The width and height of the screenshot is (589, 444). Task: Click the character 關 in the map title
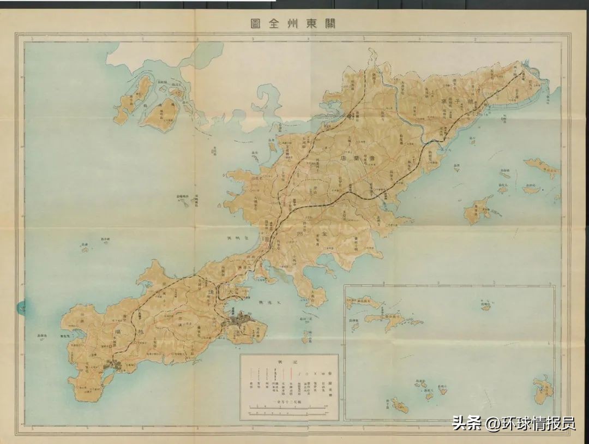pyautogui.click(x=329, y=23)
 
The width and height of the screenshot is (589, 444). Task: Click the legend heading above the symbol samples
pyautogui.click(x=289, y=362)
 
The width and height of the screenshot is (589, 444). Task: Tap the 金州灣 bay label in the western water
pyautogui.click(x=237, y=238)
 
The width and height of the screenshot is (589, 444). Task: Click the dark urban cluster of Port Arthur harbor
pyautogui.click(x=117, y=365)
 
